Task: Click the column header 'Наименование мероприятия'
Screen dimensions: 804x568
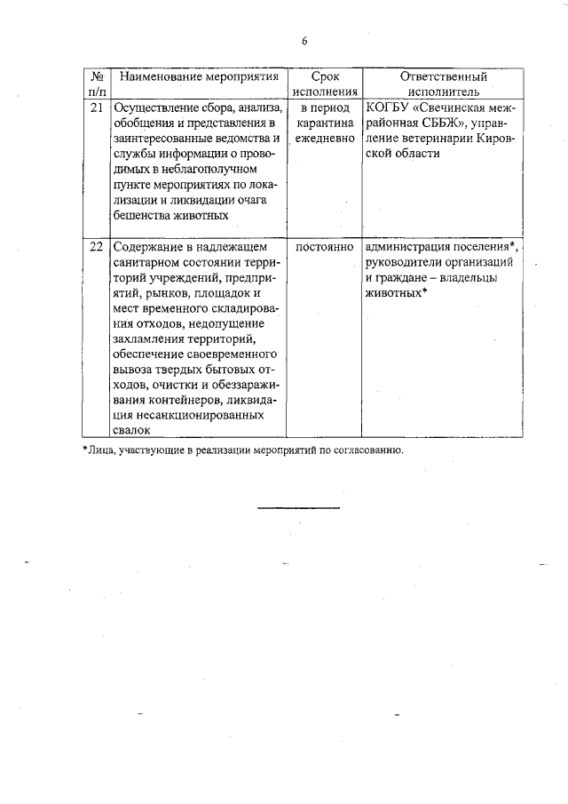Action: click(x=193, y=77)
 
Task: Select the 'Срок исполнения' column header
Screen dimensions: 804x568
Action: click(x=319, y=84)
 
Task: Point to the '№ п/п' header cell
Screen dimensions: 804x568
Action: click(x=97, y=84)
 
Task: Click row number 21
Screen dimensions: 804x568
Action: click(x=97, y=107)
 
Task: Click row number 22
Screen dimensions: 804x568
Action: click(x=97, y=246)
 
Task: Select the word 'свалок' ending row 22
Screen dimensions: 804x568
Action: click(x=131, y=429)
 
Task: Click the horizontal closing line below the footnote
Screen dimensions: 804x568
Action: click(x=299, y=507)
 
